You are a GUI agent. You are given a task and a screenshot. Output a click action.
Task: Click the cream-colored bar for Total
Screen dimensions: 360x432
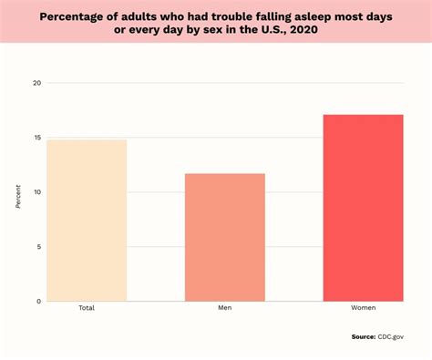pos(87,220)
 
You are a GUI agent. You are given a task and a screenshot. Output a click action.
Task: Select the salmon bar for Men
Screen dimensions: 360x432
pos(224,237)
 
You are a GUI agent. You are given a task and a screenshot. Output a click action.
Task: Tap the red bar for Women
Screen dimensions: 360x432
pos(363,208)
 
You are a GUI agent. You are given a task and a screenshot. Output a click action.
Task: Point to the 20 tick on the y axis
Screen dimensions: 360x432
pos(36,83)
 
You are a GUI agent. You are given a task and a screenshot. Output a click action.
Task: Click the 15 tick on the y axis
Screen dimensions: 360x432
pos(36,138)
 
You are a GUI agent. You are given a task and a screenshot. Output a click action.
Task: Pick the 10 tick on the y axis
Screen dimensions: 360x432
pos(36,192)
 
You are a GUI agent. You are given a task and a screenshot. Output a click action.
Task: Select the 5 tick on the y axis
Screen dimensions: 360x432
pos(38,247)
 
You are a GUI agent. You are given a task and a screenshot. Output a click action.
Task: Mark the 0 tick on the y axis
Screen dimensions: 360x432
pos(38,302)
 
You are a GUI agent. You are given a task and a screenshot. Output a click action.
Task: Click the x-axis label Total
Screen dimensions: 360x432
pos(87,308)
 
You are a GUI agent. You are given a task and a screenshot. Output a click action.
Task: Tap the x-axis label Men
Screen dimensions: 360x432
pos(224,308)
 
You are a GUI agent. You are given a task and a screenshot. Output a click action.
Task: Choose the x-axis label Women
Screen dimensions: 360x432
pos(363,308)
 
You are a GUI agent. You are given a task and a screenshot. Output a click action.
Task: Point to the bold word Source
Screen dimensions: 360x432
pos(364,336)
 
